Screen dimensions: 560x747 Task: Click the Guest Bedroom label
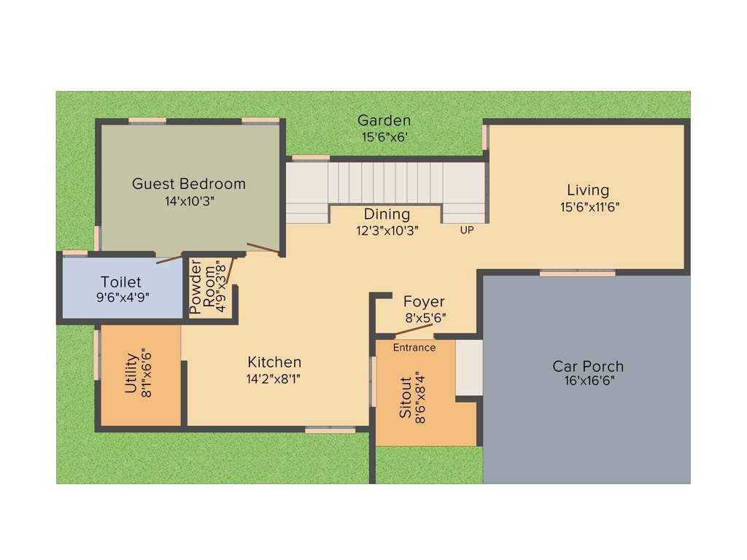(188, 184)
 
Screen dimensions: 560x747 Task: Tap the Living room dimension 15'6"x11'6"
(589, 206)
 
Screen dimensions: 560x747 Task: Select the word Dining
(387, 214)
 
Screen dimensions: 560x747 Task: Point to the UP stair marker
(466, 230)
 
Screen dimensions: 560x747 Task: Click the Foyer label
(424, 302)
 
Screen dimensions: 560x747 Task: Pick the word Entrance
(414, 348)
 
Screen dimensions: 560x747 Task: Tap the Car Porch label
(588, 366)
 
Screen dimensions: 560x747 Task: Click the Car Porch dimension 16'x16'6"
(588, 381)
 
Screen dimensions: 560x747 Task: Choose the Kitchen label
(274, 362)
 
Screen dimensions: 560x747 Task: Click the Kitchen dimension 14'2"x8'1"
(274, 378)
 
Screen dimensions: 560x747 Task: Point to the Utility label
(131, 373)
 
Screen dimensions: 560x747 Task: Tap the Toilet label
(121, 281)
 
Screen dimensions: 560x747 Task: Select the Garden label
(384, 120)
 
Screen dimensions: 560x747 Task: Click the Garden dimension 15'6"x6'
(384, 136)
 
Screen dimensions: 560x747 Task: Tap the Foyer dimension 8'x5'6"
(426, 318)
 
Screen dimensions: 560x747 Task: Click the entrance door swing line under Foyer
(414, 330)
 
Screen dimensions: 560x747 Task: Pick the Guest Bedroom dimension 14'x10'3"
(190, 201)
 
